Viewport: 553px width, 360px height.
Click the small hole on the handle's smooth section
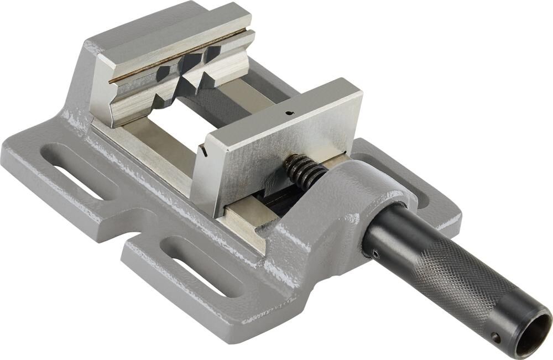376,254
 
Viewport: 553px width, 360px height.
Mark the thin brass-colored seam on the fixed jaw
177,55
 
